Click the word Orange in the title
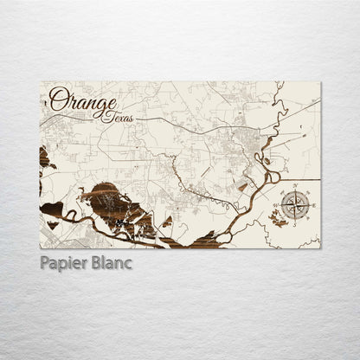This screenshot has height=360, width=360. point(83,100)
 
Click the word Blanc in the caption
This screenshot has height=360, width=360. point(111,263)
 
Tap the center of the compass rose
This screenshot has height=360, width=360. point(295,205)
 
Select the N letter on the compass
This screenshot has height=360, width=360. point(295,186)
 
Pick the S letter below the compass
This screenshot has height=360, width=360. point(295,225)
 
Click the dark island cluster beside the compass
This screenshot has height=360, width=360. point(279,220)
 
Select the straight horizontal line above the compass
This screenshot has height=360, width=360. point(303,179)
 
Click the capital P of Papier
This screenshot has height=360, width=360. point(45,263)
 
